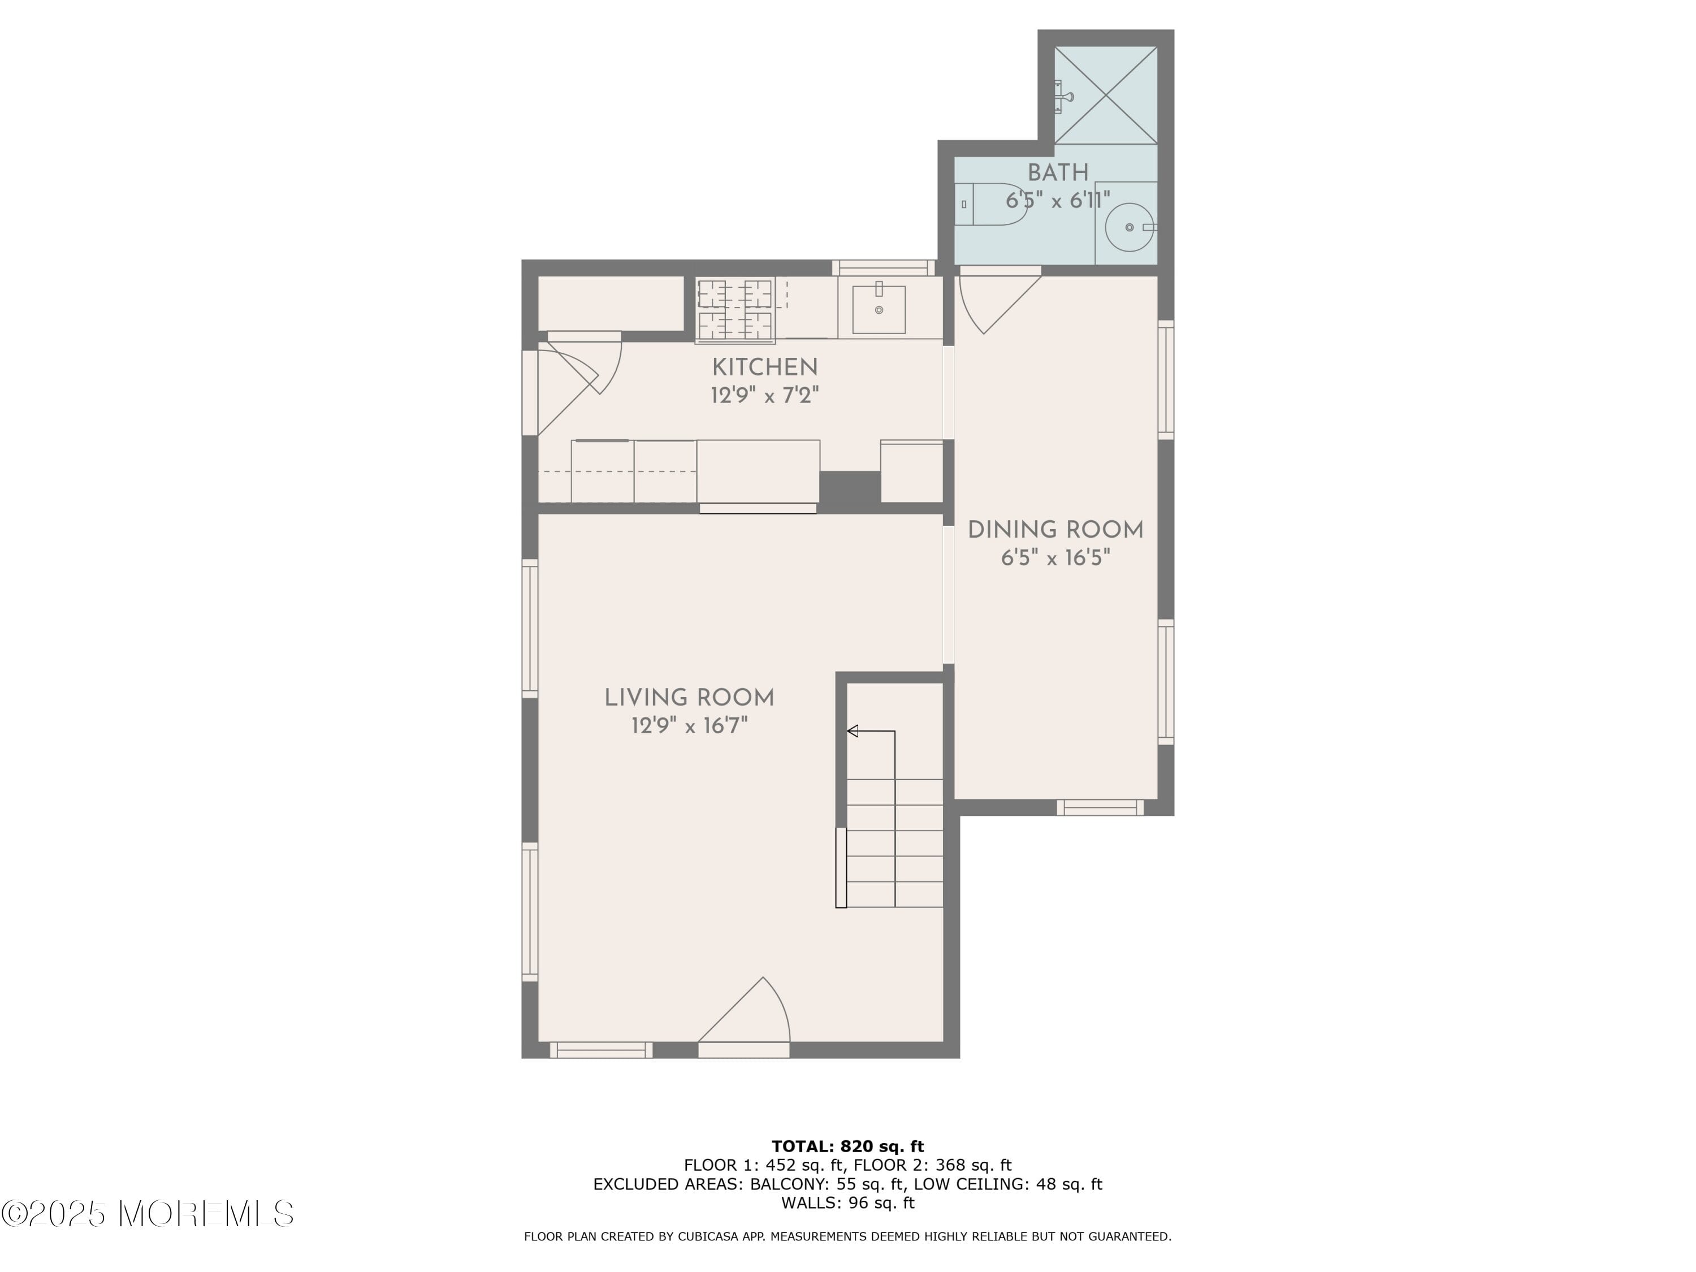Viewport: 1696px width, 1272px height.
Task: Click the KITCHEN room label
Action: pos(764,367)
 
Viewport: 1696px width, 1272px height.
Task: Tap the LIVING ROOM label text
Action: pos(689,698)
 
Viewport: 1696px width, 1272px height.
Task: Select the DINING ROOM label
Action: pos(1055,530)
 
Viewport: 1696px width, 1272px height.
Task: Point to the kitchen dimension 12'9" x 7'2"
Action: pos(764,396)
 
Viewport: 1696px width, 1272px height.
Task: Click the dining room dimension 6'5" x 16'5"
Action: pos(1055,557)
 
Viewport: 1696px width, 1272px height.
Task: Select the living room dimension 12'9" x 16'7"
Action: pos(689,725)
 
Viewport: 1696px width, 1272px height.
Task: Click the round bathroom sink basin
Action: pos(1130,227)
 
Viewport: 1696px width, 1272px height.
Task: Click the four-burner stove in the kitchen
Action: pos(734,310)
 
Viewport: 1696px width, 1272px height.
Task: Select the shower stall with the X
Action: pos(1106,95)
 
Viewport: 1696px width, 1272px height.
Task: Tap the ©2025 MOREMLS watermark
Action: pos(147,1213)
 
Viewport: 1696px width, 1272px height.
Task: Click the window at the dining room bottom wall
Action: pos(1100,807)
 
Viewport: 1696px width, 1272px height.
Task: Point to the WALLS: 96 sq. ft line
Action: pos(847,1202)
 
